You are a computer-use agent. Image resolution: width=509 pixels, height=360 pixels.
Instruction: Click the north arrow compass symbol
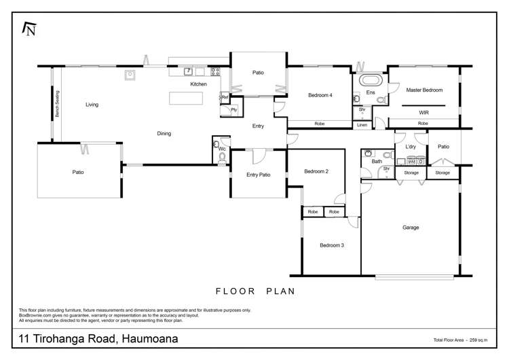tap(29, 28)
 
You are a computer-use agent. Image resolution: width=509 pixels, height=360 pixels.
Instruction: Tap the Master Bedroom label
tap(424, 90)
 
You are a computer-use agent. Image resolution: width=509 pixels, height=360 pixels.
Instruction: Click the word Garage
tap(411, 228)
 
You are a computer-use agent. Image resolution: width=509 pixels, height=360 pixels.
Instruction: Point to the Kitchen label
tap(198, 84)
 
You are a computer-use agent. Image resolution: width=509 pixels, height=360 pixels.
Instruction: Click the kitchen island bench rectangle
tap(186, 98)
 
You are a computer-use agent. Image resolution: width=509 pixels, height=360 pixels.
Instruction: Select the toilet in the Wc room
tap(222, 158)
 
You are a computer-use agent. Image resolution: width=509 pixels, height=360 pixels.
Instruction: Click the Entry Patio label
tap(258, 175)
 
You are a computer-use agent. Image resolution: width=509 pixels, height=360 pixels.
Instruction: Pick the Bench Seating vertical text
tap(58, 105)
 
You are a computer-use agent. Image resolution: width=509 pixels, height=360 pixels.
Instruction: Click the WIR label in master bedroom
tap(424, 111)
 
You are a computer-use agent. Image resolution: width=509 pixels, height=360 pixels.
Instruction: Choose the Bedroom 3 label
tap(332, 245)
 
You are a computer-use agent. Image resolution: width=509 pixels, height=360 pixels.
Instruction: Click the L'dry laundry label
tap(410, 146)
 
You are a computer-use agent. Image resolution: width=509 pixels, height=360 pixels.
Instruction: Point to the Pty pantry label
tap(233, 109)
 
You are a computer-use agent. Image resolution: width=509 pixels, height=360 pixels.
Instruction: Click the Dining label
tap(164, 133)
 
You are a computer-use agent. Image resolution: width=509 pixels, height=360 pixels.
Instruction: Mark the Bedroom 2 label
tap(316, 171)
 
